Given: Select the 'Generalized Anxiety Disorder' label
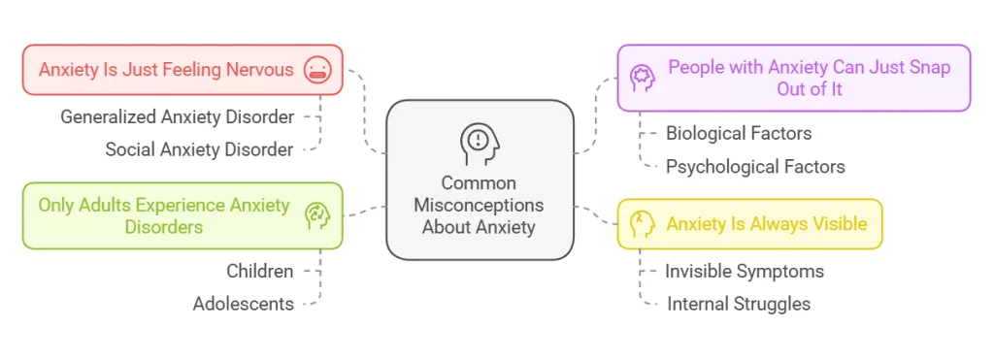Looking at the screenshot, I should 178,116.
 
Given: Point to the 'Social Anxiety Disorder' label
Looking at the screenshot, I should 200,149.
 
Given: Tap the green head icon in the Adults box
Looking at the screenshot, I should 315,215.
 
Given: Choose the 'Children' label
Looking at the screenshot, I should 260,271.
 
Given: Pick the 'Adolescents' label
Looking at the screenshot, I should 244,304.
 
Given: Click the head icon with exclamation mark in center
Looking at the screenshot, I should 479,143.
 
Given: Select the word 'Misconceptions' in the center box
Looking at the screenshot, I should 479,205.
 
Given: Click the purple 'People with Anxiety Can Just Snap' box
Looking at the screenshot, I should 794,78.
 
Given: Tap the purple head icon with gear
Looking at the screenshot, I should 643,77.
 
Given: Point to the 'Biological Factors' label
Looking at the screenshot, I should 739,133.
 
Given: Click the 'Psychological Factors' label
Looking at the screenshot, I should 755,166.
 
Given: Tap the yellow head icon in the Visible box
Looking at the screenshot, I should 642,224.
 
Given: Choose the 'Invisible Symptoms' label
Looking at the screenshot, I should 745,271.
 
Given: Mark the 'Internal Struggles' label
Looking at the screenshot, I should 739,304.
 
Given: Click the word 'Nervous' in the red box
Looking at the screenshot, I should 259,70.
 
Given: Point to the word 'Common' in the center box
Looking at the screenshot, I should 479,182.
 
